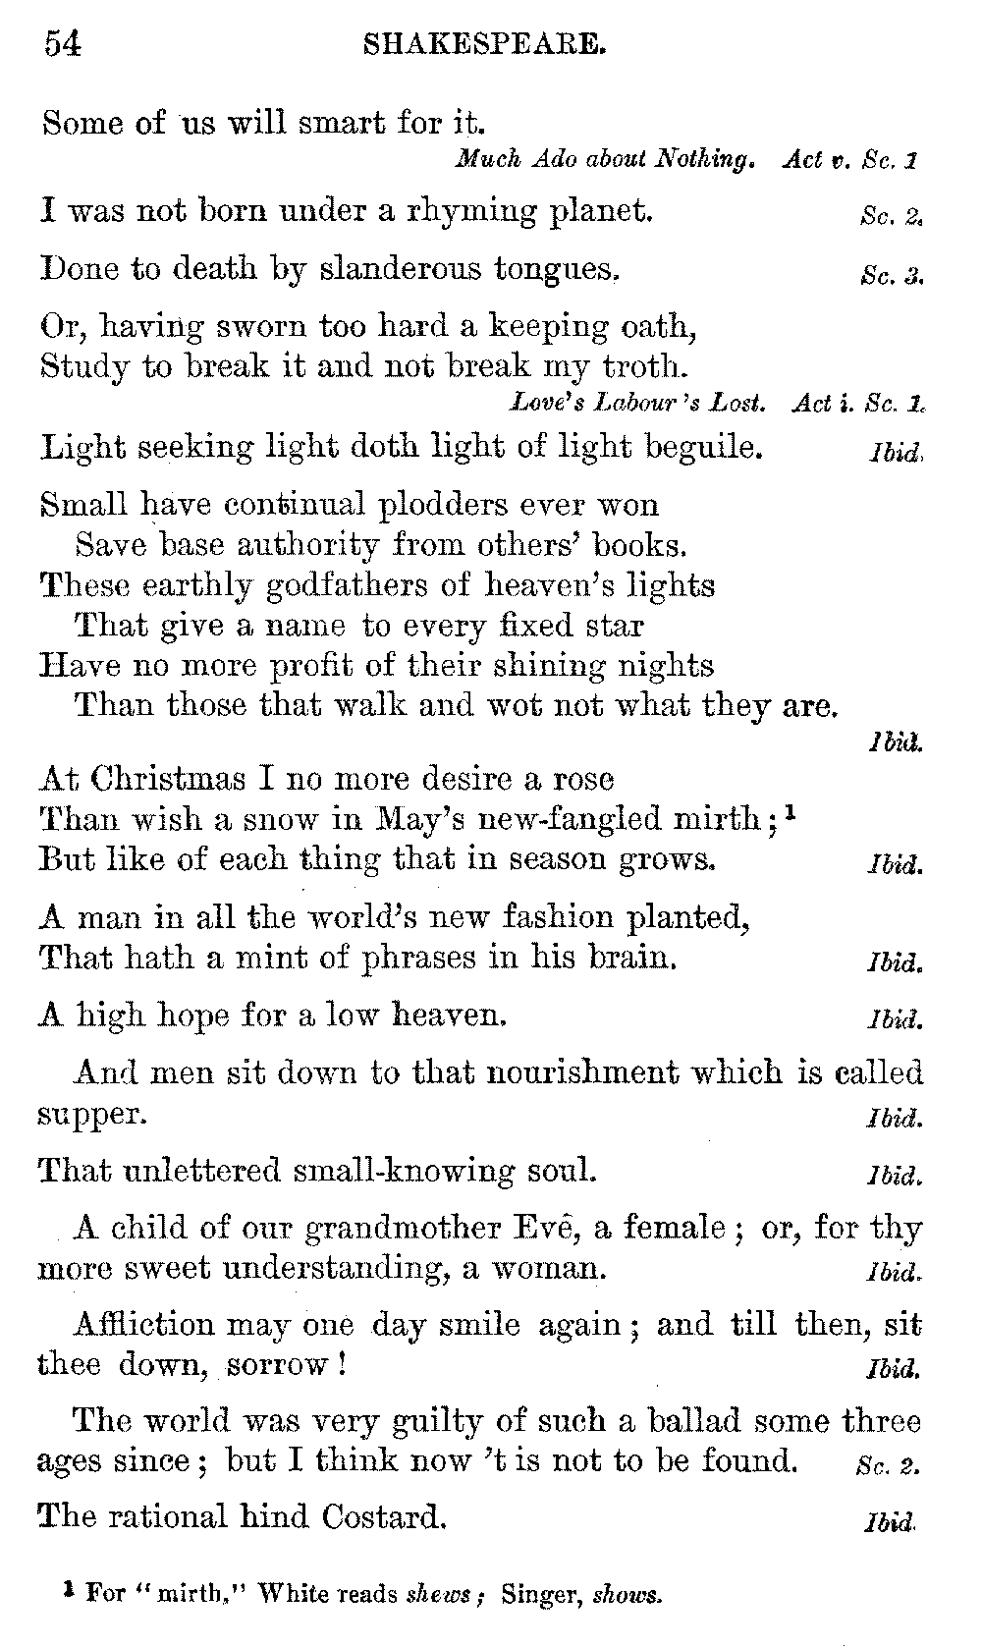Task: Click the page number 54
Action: [62, 44]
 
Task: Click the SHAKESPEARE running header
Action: [483, 45]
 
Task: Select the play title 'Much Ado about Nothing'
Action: [604, 159]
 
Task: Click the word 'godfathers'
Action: [285, 586]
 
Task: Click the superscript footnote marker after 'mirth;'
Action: [791, 812]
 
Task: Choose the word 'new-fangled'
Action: [581, 819]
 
